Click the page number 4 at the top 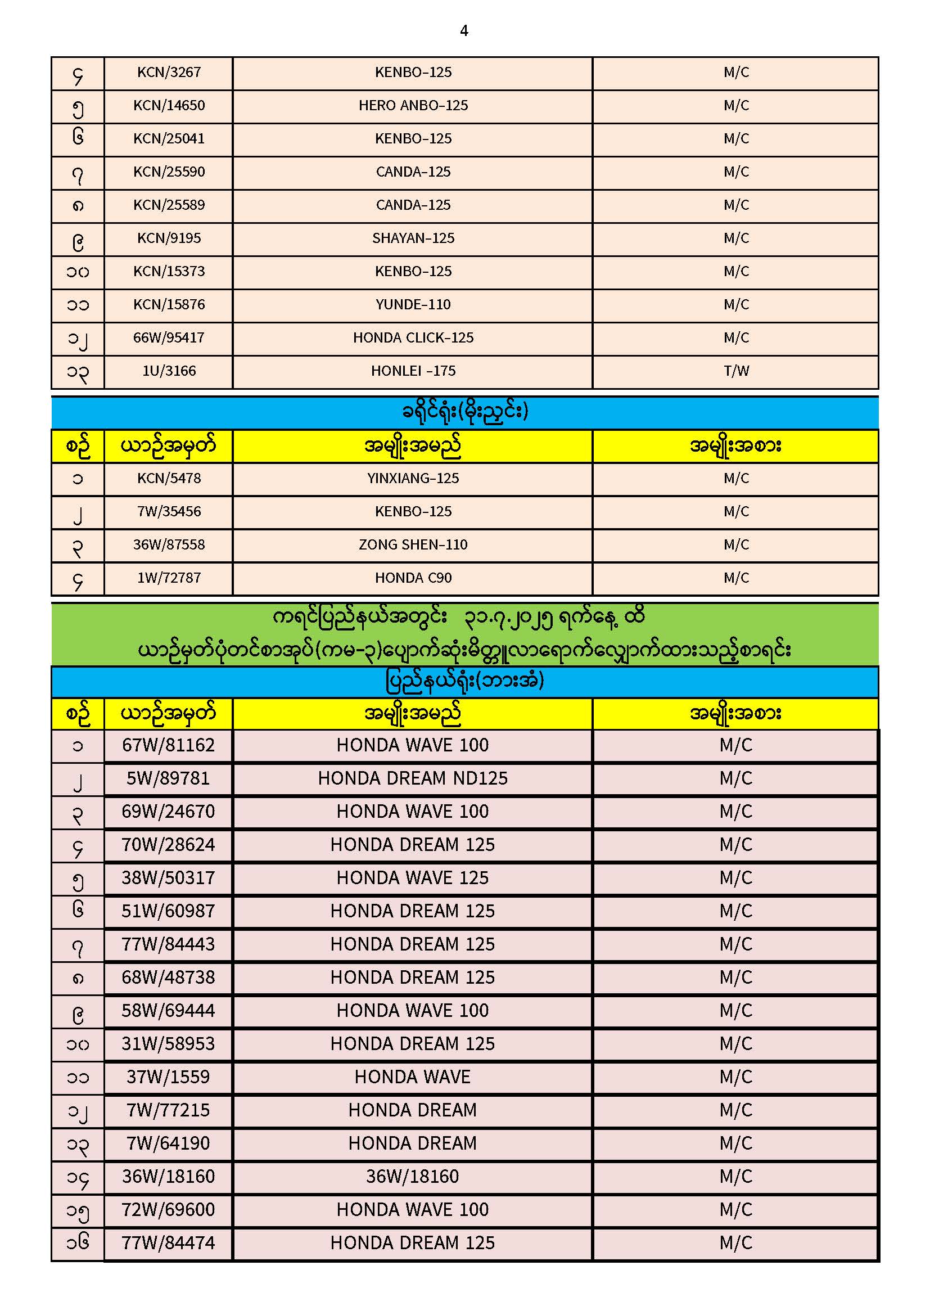[x=464, y=31]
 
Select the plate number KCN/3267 [x=169, y=73]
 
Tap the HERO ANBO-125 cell [x=413, y=106]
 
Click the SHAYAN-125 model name [x=413, y=238]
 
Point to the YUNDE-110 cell [x=413, y=305]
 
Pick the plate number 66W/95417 [x=169, y=338]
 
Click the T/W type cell [x=736, y=371]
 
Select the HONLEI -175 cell [x=413, y=371]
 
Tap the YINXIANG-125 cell [x=413, y=479]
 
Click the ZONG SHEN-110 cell [x=413, y=545]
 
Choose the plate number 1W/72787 [x=169, y=578]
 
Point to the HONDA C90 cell [x=413, y=578]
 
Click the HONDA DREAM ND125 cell [x=413, y=779]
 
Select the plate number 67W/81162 [x=168, y=746]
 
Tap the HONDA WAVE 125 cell [x=413, y=879]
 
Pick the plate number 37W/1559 [x=168, y=1077]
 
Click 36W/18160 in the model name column [x=413, y=1177]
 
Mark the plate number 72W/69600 [x=168, y=1210]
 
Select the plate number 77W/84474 [x=168, y=1244]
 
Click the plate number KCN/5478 [x=169, y=479]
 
